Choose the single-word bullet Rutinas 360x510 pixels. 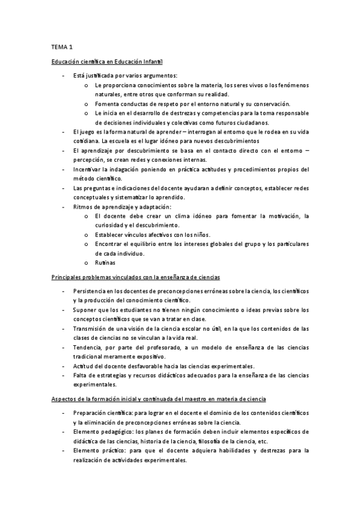tap(105, 263)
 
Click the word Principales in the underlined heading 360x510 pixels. tap(66, 277)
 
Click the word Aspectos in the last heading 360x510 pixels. tap(63, 399)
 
